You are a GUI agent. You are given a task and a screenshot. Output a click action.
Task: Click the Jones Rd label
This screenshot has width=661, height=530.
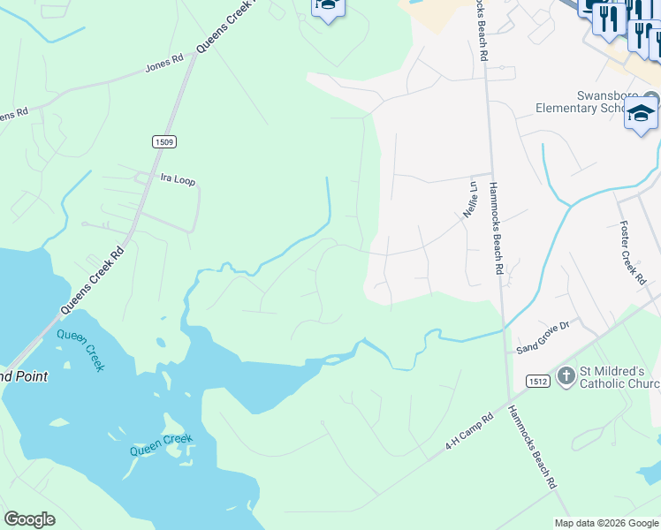click(165, 63)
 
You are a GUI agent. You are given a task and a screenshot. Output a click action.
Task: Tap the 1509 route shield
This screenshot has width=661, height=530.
click(163, 141)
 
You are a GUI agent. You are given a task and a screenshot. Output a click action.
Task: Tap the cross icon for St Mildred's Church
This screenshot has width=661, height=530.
click(566, 378)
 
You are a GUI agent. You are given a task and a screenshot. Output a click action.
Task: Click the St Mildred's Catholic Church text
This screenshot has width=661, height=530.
click(619, 377)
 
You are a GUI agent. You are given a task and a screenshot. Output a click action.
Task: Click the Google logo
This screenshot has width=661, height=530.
click(29, 519)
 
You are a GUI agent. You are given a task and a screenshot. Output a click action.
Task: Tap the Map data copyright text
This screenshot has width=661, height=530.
click(605, 523)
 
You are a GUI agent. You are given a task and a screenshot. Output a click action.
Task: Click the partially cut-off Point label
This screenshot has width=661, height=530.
click(22, 375)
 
